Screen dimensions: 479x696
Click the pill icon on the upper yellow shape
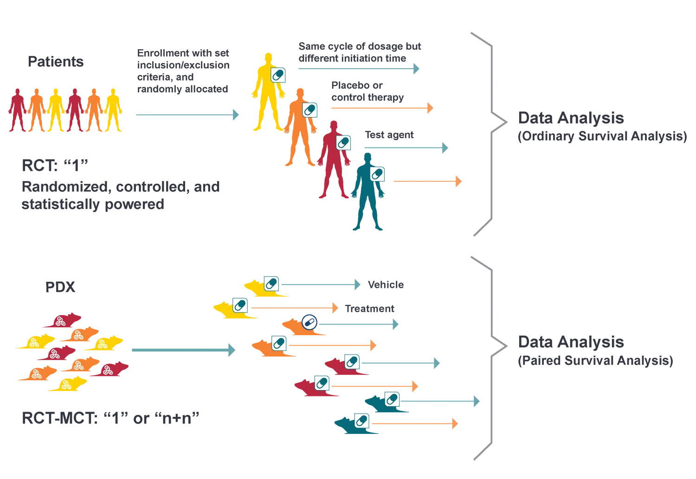278,75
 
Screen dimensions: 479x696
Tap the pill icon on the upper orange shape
309,110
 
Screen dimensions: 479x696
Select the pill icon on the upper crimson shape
343,142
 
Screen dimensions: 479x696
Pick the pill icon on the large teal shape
377,174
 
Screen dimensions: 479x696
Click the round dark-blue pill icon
309,322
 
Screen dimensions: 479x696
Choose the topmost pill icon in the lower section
271,283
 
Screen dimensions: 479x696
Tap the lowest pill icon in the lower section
361,421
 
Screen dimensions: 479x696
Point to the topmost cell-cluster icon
60,321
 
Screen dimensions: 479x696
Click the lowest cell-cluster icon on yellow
66,384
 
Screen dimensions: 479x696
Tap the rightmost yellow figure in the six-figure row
114,110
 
